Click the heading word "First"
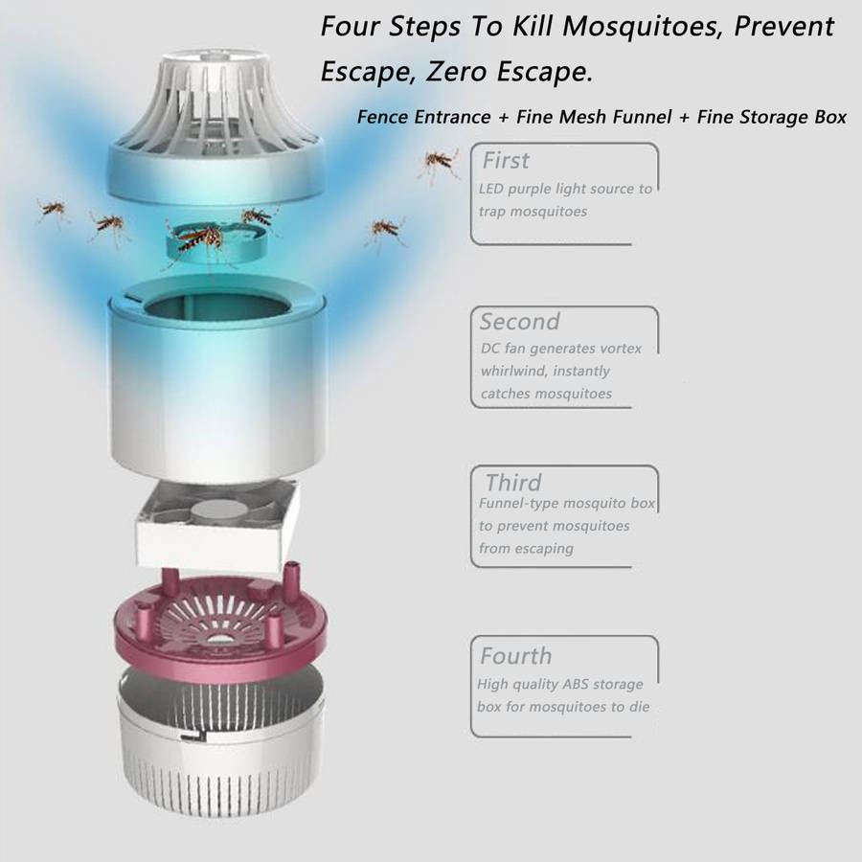point(506,161)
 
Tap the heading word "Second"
point(519,322)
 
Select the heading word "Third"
point(513,483)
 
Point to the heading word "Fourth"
point(515,656)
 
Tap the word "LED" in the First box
point(491,189)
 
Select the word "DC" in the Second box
point(489,349)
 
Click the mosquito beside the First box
point(440,163)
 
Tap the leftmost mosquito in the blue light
point(53,211)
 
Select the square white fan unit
point(216,525)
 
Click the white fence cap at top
point(215,124)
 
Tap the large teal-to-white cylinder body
point(217,379)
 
